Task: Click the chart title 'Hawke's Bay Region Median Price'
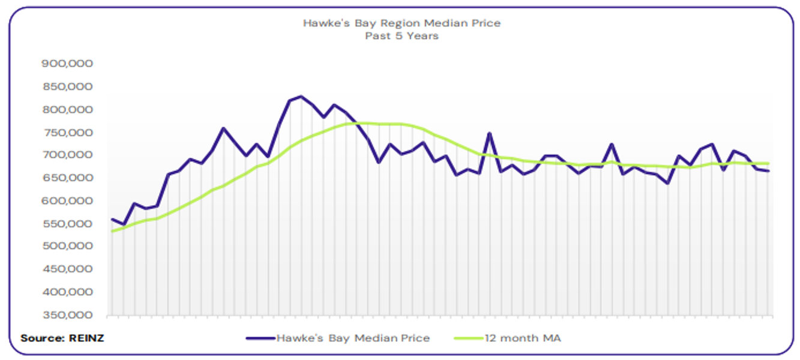pos(402,23)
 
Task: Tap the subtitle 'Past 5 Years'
pos(402,36)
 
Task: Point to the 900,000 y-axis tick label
pos(67,64)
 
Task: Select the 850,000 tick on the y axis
pos(67,86)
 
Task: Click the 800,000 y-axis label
pos(67,109)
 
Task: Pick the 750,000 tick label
pos(67,132)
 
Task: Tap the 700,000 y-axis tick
pos(67,155)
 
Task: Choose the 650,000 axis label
pos(67,178)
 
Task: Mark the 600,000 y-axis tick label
pos(67,200)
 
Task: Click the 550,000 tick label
pos(67,223)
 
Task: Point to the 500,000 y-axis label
pos(67,246)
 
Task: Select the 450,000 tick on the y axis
pos(67,269)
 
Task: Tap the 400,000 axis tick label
pos(67,292)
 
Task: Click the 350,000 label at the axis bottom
pos(67,315)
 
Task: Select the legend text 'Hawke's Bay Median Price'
pos(353,338)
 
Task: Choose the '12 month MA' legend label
pos(525,338)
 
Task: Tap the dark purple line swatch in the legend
pos(260,338)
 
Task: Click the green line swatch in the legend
pos(469,338)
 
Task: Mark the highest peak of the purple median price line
pos(301,96)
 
